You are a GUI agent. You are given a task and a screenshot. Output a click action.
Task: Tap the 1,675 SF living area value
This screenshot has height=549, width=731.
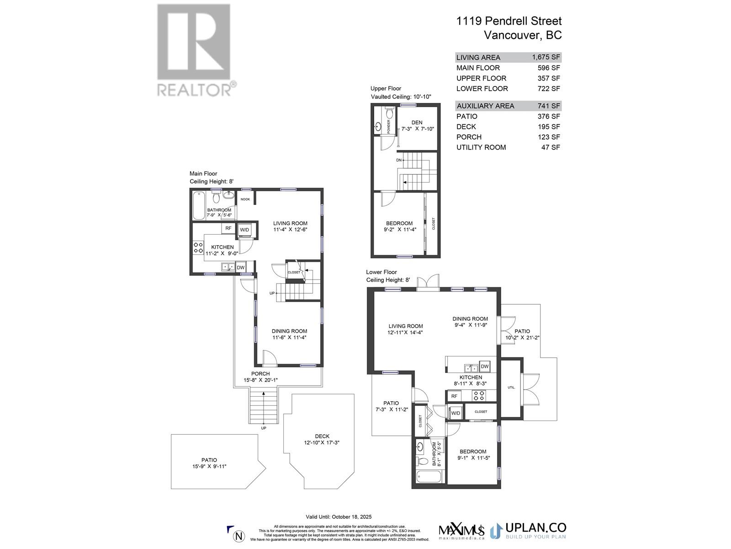pos(546,57)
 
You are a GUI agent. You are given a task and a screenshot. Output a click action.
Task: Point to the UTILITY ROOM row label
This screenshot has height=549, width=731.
pos(481,147)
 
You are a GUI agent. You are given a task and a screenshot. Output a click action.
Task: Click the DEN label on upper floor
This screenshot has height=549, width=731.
pos(417,122)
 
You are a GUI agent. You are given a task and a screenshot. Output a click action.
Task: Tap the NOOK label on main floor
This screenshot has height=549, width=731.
pos(245,199)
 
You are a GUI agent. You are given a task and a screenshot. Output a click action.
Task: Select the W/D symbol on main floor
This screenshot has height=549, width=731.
pos(244,230)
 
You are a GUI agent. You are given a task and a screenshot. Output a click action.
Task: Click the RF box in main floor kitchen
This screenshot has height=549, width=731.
pos(228,228)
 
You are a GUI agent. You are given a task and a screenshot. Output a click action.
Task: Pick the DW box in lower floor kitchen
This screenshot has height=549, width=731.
pos(485,366)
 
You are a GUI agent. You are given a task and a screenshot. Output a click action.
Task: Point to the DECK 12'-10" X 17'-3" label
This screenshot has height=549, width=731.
pos(322,440)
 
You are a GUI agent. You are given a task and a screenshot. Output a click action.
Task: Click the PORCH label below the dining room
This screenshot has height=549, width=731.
pos(260,374)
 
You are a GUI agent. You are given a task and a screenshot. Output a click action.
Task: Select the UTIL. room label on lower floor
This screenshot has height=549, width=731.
pos(511,388)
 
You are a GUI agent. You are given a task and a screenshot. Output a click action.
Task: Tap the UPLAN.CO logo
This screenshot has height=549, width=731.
pos(528,531)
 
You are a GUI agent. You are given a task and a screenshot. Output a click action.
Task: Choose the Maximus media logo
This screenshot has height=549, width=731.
pos(461,531)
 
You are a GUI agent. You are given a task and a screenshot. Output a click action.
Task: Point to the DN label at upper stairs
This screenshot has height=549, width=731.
pos(399,160)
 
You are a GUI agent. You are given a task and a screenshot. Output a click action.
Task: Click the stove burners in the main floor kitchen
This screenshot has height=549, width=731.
pos(198,248)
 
